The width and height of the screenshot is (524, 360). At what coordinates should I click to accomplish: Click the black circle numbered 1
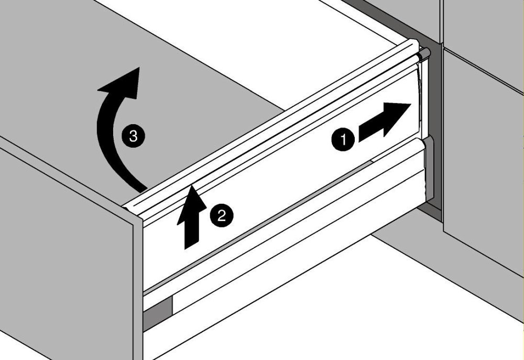(343, 139)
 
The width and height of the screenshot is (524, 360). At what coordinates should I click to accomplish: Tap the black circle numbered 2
(222, 215)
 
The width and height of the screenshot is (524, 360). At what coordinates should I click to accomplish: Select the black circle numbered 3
(133, 136)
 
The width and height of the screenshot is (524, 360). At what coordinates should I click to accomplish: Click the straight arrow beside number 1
(384, 122)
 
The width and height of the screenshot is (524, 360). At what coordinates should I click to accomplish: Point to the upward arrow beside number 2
(192, 217)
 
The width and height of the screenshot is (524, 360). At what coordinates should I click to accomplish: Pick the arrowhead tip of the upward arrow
(192, 186)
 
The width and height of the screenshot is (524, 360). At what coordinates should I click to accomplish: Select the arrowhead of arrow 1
(397, 119)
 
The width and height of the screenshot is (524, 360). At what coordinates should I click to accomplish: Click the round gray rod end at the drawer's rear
(425, 53)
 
